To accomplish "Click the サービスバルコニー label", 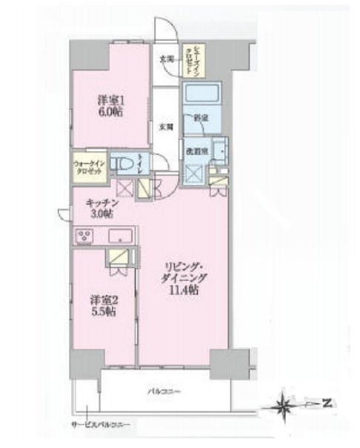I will click(x=101, y=424).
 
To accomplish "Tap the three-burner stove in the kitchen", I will click(x=84, y=236).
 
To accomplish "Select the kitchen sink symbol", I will click(x=119, y=237).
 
